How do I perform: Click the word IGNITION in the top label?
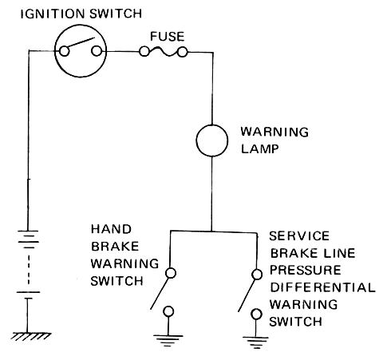53,14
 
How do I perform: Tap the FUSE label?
168,37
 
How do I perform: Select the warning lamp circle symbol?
212,140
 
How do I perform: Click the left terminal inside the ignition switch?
64,51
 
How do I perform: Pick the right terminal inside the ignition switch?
97,51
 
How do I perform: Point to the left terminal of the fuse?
144,52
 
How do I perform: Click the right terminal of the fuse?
183,52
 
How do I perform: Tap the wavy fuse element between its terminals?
164,52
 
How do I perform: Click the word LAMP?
259,149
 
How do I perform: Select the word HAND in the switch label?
111,229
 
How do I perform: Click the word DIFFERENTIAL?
323,287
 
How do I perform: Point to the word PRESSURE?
306,271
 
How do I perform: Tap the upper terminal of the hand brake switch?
171,273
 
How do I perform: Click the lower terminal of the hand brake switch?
168,311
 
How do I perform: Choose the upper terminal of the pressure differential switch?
257,275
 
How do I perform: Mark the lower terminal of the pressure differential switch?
256,315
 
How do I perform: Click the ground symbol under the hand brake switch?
168,340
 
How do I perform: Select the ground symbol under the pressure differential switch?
256,342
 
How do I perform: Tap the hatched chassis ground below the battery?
30,336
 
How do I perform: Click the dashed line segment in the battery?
28,270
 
